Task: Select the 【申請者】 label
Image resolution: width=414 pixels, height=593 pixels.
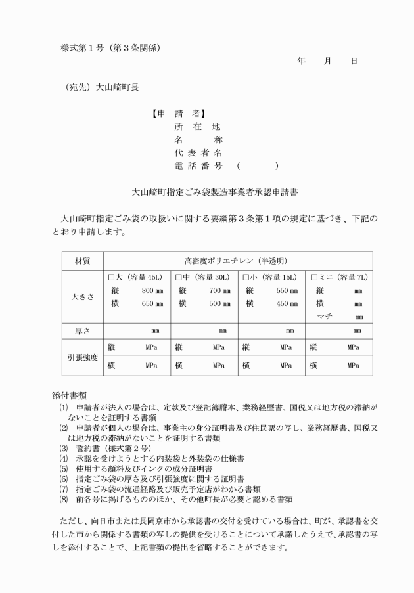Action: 179,114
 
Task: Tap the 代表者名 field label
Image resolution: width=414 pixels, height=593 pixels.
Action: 197,153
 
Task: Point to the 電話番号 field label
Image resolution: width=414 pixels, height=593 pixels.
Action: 197,166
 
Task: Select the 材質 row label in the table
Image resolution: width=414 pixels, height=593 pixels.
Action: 82,261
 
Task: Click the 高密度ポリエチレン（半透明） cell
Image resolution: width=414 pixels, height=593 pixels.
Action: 238,261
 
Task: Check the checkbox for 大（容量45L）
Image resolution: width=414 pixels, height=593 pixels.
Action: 111,277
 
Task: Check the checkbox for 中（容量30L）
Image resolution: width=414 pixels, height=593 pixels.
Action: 179,277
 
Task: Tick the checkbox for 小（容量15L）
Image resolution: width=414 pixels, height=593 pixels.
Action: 246,277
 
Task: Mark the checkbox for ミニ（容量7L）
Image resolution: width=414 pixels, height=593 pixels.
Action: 313,277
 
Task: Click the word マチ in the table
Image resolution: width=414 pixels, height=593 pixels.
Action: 325,317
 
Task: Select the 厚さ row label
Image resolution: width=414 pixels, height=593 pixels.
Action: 82,331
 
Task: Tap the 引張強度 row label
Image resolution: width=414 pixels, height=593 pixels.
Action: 82,357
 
